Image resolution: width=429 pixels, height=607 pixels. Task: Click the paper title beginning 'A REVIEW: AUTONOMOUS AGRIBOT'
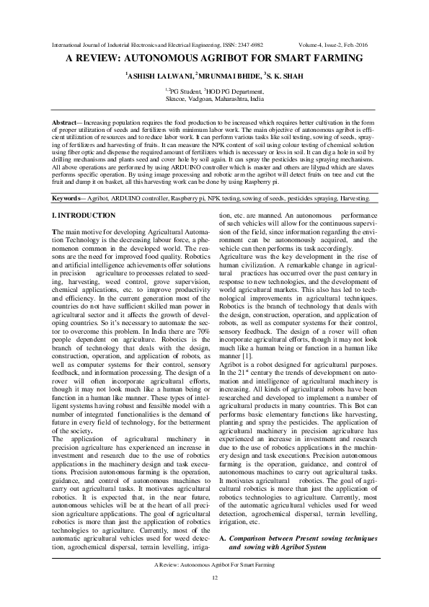pyautogui.click(x=214, y=60)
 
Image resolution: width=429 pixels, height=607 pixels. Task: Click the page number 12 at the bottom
pyautogui.click(x=214, y=579)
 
